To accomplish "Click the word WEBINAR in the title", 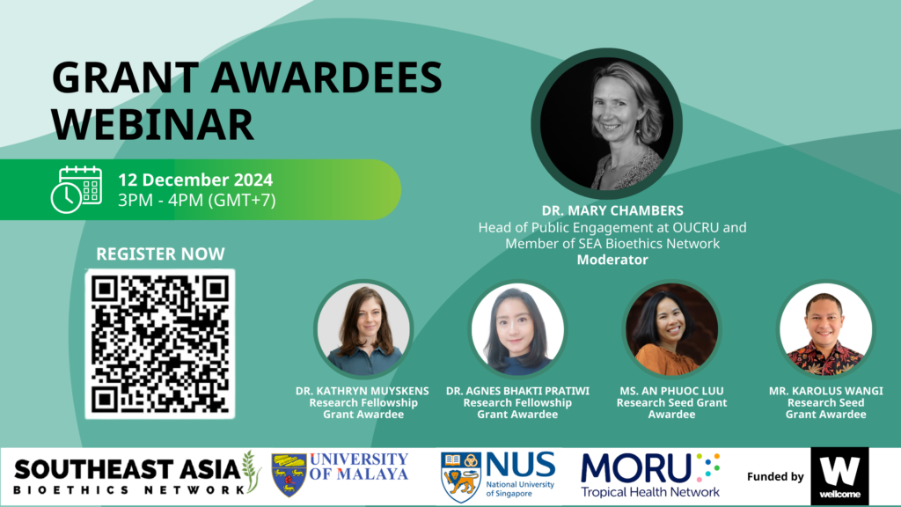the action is [153, 125].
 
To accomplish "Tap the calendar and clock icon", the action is [77, 190].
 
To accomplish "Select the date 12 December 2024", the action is [195, 180].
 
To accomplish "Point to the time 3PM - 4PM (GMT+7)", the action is [197, 200].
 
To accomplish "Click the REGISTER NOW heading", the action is [160, 254].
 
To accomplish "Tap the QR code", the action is [160, 344].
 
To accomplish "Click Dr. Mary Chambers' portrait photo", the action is [607, 123].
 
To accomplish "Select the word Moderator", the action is [612, 260].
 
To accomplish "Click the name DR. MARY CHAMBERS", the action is [612, 211].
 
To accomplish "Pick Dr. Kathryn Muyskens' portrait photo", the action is [363, 329].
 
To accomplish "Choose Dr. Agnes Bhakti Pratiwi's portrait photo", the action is [517, 329].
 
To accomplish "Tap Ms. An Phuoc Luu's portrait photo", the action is [671, 329].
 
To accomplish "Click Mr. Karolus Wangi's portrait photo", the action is [825, 329].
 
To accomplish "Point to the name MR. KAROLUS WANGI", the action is [825, 391].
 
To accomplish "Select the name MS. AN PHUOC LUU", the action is [671, 391].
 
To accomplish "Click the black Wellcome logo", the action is [839, 476].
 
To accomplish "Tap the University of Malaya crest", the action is [289, 475].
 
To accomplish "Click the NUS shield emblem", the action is [461, 477].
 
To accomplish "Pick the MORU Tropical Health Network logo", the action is [650, 475].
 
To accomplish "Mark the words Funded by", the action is [775, 476].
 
